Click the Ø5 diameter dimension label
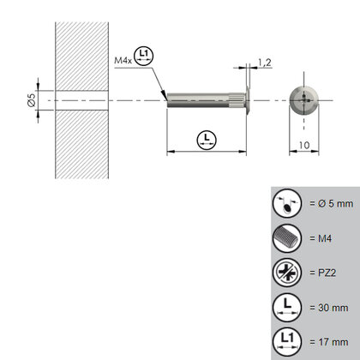tap(32, 101)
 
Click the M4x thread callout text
tap(124, 61)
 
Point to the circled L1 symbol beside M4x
tap(144, 57)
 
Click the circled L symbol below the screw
tap(204, 141)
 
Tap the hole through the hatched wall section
tap(81, 99)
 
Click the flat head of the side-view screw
tap(248, 99)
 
